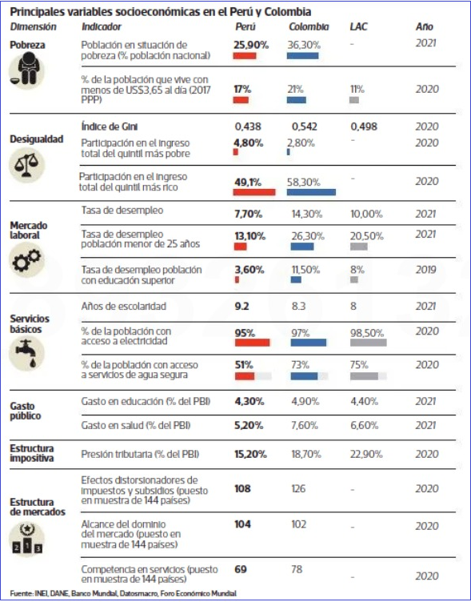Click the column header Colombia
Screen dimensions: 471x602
(x=309, y=26)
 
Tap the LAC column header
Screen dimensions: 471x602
(x=358, y=26)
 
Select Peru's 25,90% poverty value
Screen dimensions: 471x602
(x=251, y=45)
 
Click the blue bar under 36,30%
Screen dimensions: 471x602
(x=302, y=56)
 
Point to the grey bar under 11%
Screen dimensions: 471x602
(x=354, y=100)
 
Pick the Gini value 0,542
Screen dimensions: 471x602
(x=304, y=126)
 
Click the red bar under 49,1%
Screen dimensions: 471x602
(x=254, y=192)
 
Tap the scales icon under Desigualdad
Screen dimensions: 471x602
(x=26, y=166)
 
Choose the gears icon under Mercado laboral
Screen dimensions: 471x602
(x=26, y=260)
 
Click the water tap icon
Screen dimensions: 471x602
(x=26, y=353)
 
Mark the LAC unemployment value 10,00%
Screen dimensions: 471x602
(x=366, y=215)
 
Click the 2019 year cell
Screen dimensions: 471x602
(x=425, y=270)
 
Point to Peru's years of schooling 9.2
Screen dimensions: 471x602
(x=241, y=307)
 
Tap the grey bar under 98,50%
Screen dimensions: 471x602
(x=368, y=343)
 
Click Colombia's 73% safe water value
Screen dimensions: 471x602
(x=300, y=365)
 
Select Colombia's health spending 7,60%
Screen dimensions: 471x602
(x=305, y=425)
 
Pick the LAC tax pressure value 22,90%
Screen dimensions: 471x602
(x=366, y=454)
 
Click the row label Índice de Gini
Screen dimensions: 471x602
(x=110, y=126)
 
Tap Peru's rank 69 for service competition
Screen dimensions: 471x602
(x=241, y=569)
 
